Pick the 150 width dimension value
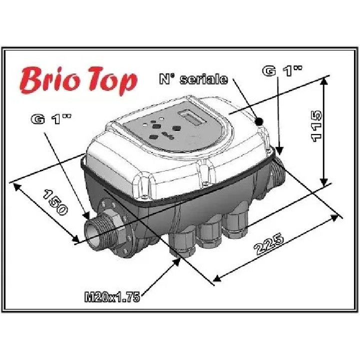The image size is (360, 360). tap(55, 202)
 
